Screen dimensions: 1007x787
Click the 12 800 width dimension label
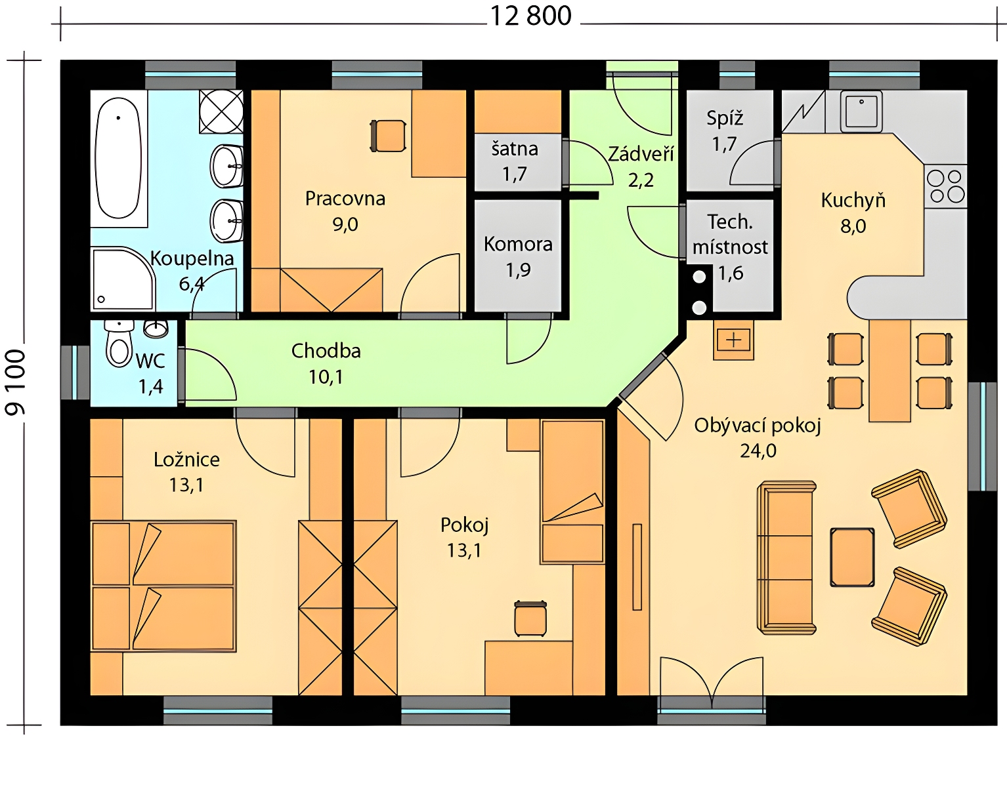530,16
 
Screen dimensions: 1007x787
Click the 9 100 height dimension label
15,382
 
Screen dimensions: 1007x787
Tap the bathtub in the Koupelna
118,158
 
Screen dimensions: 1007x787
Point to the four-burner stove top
946,186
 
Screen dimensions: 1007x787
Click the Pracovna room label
345,199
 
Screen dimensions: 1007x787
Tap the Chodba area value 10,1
326,377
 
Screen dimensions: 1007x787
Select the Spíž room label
725,119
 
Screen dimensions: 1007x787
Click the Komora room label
518,245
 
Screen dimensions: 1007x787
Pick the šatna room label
515,149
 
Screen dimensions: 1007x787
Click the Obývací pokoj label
758,426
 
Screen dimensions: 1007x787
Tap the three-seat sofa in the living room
786,557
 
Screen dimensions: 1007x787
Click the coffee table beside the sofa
853,558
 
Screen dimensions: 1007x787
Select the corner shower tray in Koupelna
123,279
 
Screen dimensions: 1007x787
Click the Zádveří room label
641,153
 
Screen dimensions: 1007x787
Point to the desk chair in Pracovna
388,136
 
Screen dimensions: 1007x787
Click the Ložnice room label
186,460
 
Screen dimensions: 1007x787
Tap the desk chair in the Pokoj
530,618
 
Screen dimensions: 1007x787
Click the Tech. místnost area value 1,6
731,273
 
